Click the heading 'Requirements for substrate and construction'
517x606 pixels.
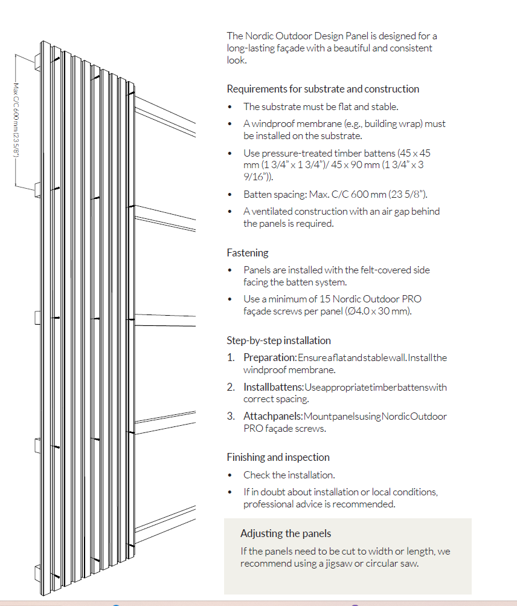[323, 89]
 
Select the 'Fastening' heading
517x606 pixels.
[248, 253]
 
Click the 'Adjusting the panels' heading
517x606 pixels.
[286, 533]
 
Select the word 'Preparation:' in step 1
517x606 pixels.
[270, 357]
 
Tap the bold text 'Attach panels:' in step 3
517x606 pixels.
[273, 417]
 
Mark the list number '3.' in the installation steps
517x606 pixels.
[231, 417]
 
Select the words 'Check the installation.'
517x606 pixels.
[289, 475]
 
